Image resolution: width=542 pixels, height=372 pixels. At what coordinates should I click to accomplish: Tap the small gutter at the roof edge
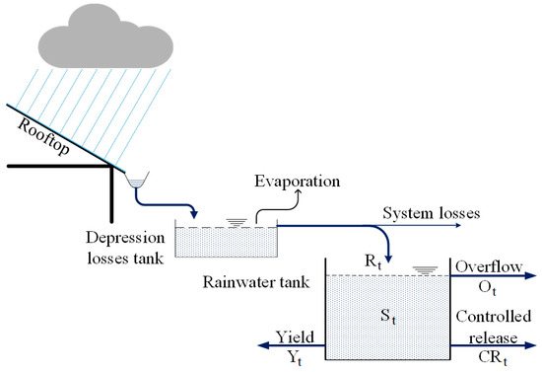pos(137,181)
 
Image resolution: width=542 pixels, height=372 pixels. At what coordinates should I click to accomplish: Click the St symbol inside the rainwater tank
pos(387,316)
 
